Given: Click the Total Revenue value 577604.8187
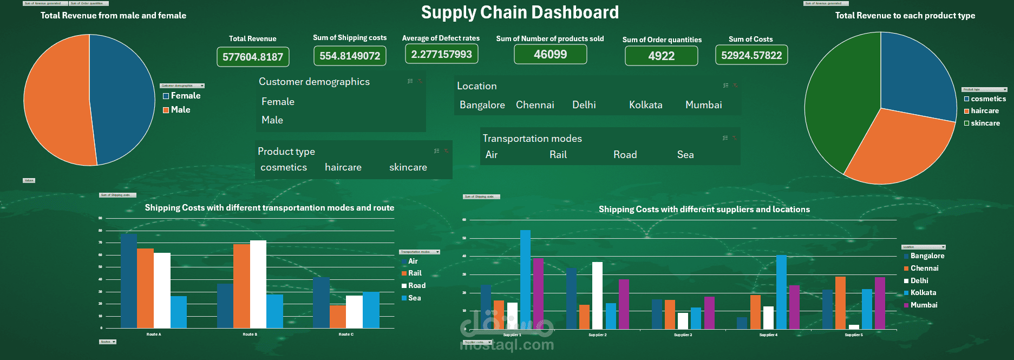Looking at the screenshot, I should (x=253, y=57).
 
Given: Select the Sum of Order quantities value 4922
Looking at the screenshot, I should (x=661, y=56).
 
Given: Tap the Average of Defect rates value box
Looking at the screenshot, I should (x=441, y=54).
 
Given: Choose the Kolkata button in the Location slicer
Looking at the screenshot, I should (x=645, y=105).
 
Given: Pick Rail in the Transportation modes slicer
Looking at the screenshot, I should (x=558, y=155).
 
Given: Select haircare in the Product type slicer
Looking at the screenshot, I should (x=343, y=168).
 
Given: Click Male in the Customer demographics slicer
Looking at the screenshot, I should (x=272, y=120).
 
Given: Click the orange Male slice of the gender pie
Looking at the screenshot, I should (x=54, y=100).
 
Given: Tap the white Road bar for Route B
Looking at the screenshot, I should (x=258, y=284).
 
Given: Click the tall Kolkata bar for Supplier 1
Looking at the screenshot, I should (x=525, y=279).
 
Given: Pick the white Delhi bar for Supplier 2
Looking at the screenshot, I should (x=597, y=296).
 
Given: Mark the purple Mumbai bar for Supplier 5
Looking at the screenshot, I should (x=880, y=303).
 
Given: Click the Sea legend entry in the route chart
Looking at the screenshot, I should (x=414, y=298).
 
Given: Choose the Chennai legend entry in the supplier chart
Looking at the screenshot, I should (x=924, y=269).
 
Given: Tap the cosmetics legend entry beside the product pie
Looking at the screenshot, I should (x=988, y=99).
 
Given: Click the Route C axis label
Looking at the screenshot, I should (x=346, y=335).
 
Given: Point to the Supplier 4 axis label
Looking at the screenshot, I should (x=768, y=335).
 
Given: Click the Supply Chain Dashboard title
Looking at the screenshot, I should (x=520, y=12).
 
